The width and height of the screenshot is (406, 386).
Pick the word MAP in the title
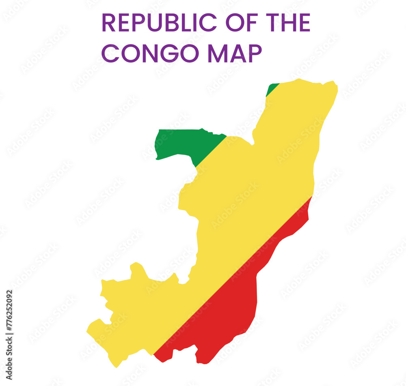235,53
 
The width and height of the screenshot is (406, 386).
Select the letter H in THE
289,23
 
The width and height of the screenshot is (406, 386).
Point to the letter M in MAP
216,53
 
